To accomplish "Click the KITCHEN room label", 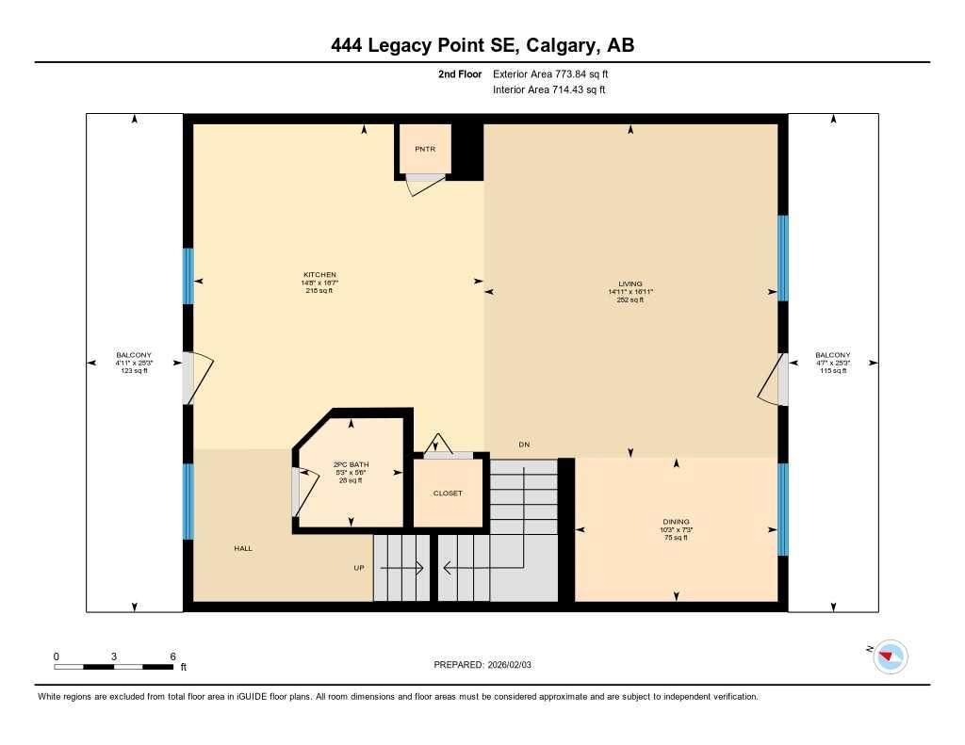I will [319, 275].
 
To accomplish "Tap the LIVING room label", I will [630, 283].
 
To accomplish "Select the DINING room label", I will [676, 522].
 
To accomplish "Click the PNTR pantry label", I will [424, 149].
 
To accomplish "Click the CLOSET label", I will [448, 494].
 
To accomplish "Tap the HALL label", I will [243, 548].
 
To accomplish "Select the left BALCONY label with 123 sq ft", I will [134, 355].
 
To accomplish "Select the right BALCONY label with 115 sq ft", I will [832, 355].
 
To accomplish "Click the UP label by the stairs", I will [358, 568].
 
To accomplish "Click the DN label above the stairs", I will [523, 445].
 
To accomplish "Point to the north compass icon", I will [889, 656].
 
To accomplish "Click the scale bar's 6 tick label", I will [172, 656].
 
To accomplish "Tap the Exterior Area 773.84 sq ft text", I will [557, 73].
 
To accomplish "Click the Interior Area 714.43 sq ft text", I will [548, 90].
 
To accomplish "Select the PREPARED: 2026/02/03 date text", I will [482, 665].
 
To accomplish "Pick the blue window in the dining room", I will [782, 509].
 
